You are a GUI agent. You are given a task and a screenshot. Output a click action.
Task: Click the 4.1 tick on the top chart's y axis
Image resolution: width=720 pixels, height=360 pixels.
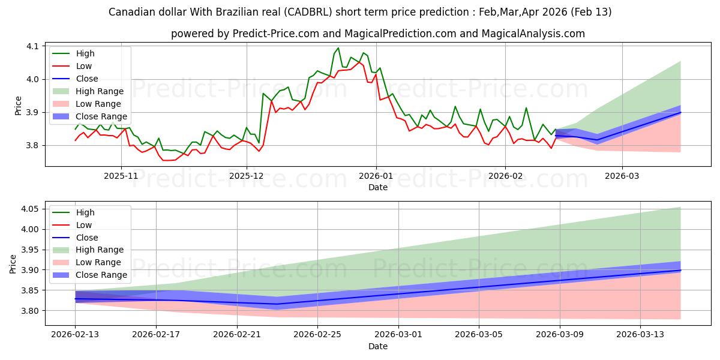(31, 46)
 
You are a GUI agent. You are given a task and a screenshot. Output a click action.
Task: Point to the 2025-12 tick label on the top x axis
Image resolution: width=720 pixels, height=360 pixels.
(247, 176)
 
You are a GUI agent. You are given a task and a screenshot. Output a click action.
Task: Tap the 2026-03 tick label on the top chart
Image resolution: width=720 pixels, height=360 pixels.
(622, 176)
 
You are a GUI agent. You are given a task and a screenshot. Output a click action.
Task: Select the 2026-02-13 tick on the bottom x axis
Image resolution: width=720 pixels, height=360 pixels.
(75, 335)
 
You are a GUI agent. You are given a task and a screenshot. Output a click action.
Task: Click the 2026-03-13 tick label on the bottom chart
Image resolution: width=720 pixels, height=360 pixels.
(641, 335)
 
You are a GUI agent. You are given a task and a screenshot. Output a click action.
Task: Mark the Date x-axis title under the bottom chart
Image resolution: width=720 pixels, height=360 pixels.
(378, 346)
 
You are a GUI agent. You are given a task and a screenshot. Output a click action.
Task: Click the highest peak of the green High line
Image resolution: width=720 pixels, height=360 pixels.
(338, 48)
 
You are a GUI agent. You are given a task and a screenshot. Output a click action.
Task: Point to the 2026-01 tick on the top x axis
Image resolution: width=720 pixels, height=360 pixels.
(376, 176)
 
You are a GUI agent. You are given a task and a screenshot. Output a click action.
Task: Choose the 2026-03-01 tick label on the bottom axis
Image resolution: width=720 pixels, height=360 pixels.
(398, 335)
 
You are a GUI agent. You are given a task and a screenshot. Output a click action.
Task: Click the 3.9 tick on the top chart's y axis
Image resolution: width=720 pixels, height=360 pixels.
(31, 112)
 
